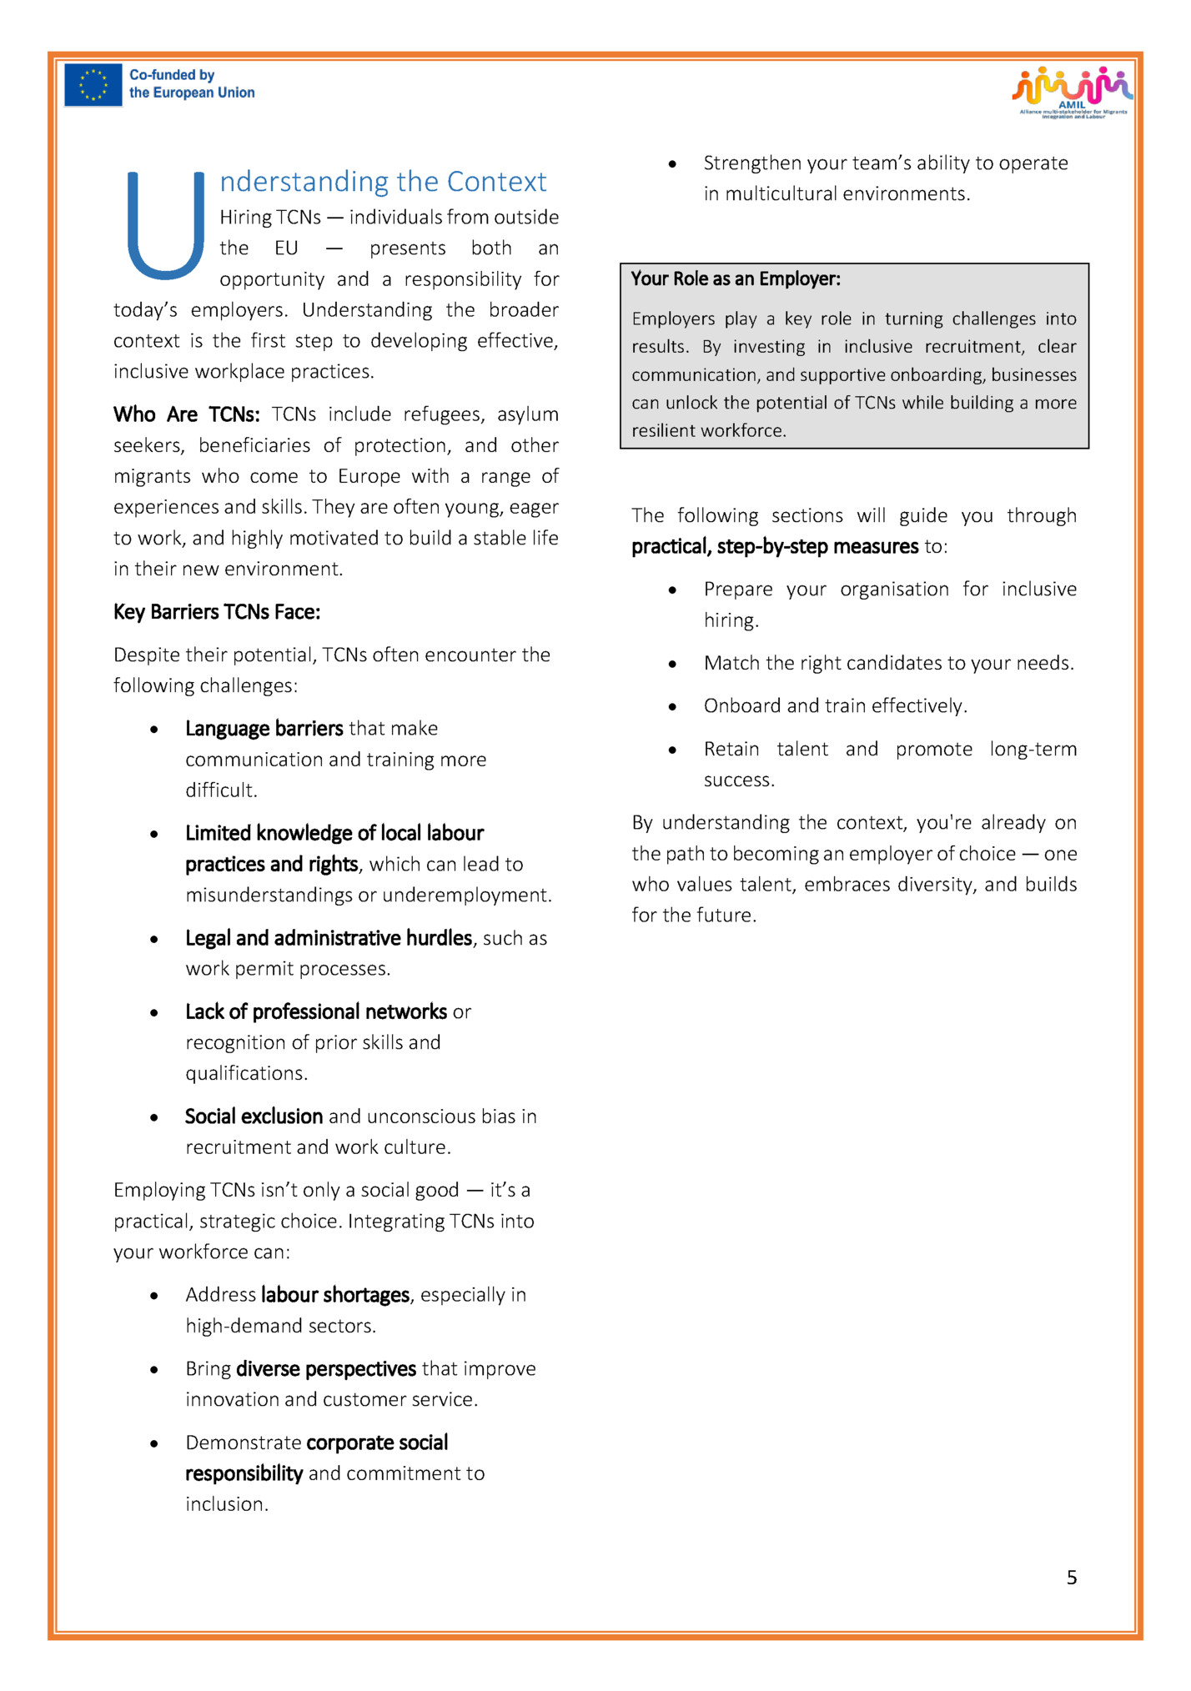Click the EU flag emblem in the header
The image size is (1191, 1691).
click(x=93, y=85)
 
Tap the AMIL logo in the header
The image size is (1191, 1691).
click(x=1073, y=92)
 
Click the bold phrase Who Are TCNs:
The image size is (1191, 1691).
click(x=187, y=414)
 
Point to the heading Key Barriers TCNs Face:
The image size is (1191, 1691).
click(x=217, y=612)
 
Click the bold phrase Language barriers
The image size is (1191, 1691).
click(x=264, y=729)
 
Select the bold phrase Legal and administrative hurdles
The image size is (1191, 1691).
click(x=329, y=938)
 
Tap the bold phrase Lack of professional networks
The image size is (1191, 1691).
click(x=316, y=1012)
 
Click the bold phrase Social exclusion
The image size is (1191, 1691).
click(x=254, y=1116)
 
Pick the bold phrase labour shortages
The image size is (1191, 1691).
click(x=335, y=1295)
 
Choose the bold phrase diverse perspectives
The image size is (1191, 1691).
click(x=326, y=1369)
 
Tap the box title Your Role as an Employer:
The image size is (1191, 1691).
click(x=736, y=279)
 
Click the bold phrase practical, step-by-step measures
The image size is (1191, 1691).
click(x=775, y=547)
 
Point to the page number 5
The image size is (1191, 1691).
click(x=1072, y=1578)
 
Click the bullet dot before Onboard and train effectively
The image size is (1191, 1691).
click(x=672, y=707)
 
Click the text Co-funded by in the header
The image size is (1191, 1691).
click(x=172, y=75)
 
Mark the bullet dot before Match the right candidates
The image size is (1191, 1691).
click(x=672, y=665)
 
